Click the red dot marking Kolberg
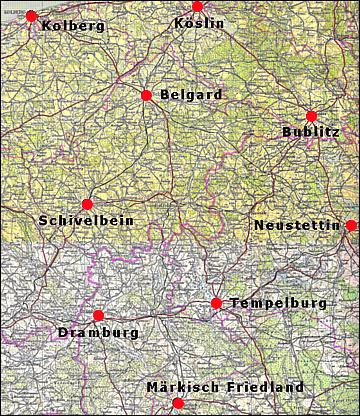[31, 16]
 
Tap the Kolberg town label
[74, 25]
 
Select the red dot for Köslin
[197, 6]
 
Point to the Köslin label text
[199, 23]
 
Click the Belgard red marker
[146, 95]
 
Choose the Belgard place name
[191, 95]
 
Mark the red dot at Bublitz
[311, 116]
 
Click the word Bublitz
[311, 131]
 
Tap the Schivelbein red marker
[87, 204]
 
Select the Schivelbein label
[86, 220]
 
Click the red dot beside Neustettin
[351, 226]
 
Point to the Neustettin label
[297, 225]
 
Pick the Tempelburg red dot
[216, 303]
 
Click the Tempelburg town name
[278, 303]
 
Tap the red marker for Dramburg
[98, 315]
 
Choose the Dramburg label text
[98, 332]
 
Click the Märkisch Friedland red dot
[178, 403]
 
